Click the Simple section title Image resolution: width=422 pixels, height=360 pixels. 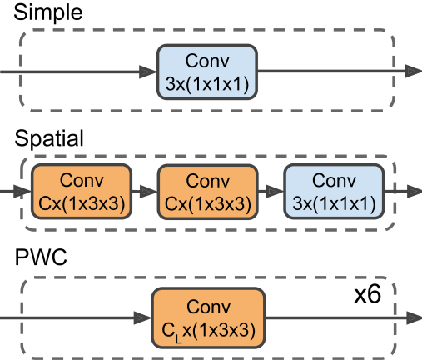(48, 12)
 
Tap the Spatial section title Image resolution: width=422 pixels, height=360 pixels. (49, 138)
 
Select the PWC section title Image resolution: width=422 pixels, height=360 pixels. (41, 257)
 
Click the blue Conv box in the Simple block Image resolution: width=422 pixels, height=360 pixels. (207, 72)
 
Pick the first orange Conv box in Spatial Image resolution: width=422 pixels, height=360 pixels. (82, 192)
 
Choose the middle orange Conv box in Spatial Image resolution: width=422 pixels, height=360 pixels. (208, 192)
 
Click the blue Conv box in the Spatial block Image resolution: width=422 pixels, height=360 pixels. (334, 192)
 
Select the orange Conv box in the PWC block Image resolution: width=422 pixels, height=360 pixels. (208, 318)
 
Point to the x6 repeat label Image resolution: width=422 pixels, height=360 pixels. (368, 294)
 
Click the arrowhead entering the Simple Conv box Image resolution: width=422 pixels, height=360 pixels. (148, 72)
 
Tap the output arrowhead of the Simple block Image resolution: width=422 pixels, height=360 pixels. (414, 72)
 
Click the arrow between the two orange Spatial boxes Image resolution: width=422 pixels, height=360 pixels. (145, 192)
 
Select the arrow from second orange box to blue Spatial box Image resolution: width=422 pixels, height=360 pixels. (271, 192)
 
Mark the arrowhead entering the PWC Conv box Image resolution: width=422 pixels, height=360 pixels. (142, 317)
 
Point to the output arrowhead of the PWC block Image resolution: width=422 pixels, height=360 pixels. (414, 317)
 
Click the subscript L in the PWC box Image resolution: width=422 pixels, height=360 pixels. (179, 339)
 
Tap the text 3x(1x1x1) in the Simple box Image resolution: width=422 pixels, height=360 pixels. (207, 83)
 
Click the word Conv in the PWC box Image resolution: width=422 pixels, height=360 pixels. (208, 307)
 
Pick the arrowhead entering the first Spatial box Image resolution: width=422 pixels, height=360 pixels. (22, 192)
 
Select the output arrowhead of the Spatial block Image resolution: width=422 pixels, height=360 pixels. (415, 192)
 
